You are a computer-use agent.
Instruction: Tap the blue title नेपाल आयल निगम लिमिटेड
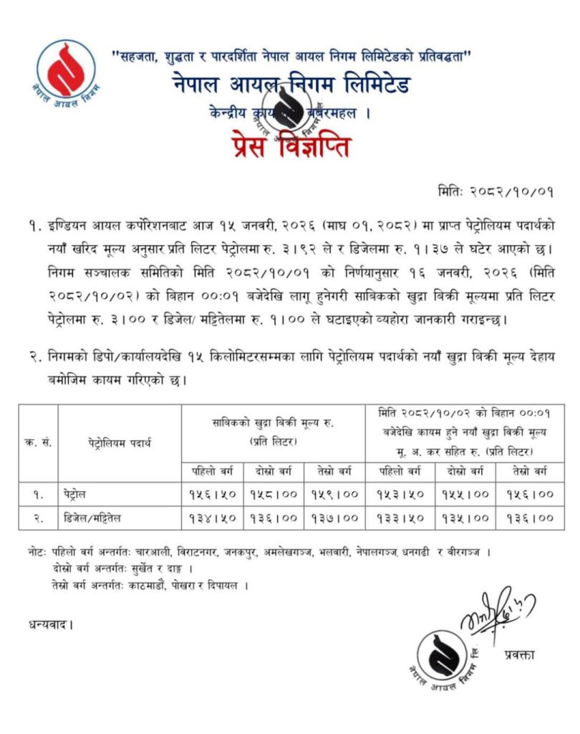290,84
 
